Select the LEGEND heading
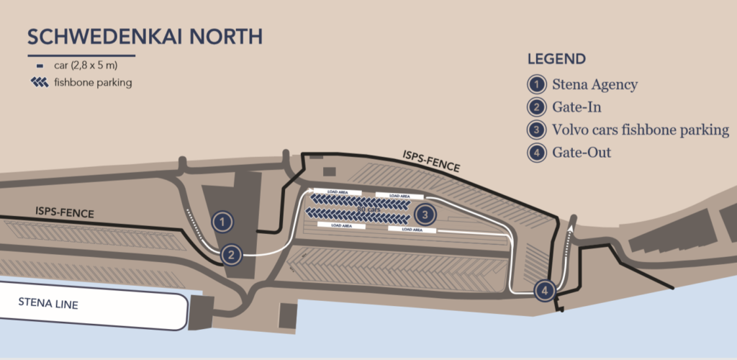point(556,59)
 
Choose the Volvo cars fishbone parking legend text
point(641,130)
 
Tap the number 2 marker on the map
point(231,254)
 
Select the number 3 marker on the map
point(425,214)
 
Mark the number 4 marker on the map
point(545,290)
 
